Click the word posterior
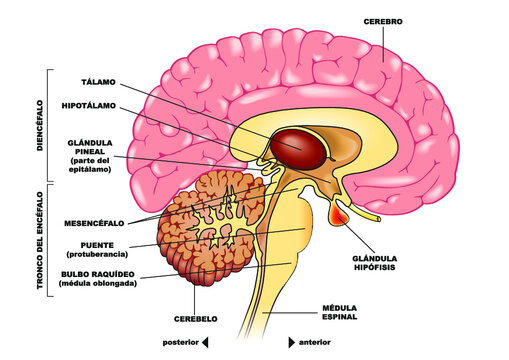point(176,342)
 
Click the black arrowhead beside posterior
point(205,342)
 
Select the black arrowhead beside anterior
point(292,342)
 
